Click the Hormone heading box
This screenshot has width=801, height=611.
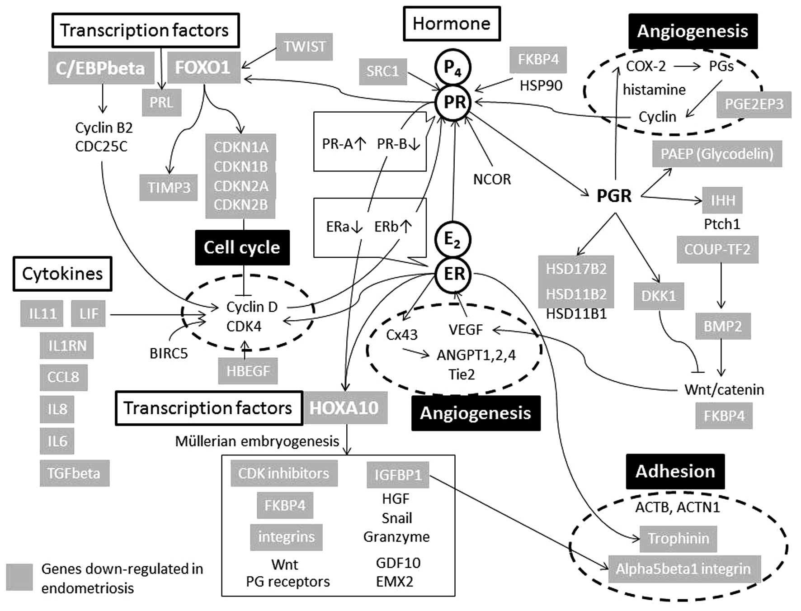(452, 24)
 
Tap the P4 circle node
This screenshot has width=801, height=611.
(452, 67)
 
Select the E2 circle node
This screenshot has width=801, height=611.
(452, 239)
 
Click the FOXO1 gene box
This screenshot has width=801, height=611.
(203, 68)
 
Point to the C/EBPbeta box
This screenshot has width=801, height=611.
(101, 68)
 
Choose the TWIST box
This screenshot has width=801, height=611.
(304, 47)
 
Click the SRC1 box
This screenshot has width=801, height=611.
(382, 71)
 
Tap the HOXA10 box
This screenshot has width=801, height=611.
(344, 408)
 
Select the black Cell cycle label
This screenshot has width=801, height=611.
(242, 247)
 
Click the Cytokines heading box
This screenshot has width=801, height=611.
(62, 274)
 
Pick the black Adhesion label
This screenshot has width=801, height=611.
(675, 471)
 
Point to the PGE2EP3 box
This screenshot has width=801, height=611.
(754, 104)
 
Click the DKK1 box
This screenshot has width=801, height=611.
(659, 296)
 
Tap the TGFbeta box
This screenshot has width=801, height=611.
(74, 473)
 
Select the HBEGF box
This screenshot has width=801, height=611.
(248, 371)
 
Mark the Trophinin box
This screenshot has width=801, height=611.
(678, 539)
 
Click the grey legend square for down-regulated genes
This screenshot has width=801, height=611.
(19, 577)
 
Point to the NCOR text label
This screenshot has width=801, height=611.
(492, 180)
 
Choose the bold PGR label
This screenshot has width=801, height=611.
(614, 196)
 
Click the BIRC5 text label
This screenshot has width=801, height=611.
(168, 353)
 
